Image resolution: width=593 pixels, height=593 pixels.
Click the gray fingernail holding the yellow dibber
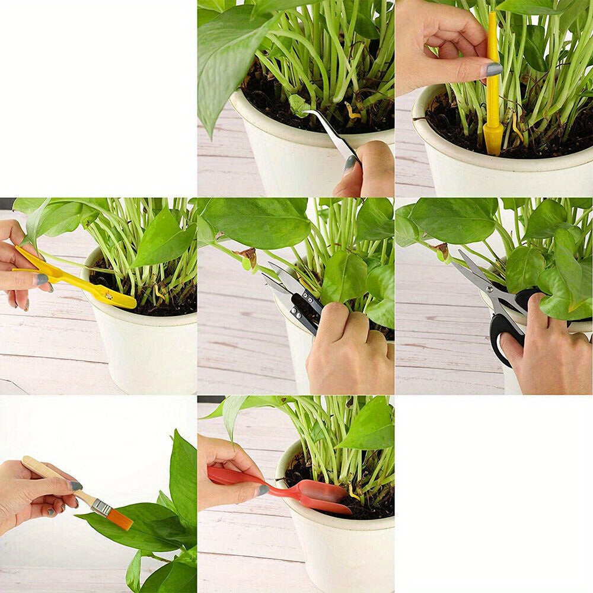494,69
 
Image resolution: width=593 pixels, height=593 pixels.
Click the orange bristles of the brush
119,518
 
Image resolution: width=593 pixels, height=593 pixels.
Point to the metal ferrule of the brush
101,506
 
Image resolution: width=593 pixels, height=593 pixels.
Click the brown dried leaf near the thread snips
248,256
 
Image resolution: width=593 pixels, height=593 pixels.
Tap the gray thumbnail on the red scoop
262,490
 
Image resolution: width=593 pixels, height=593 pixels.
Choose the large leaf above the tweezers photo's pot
228,53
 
